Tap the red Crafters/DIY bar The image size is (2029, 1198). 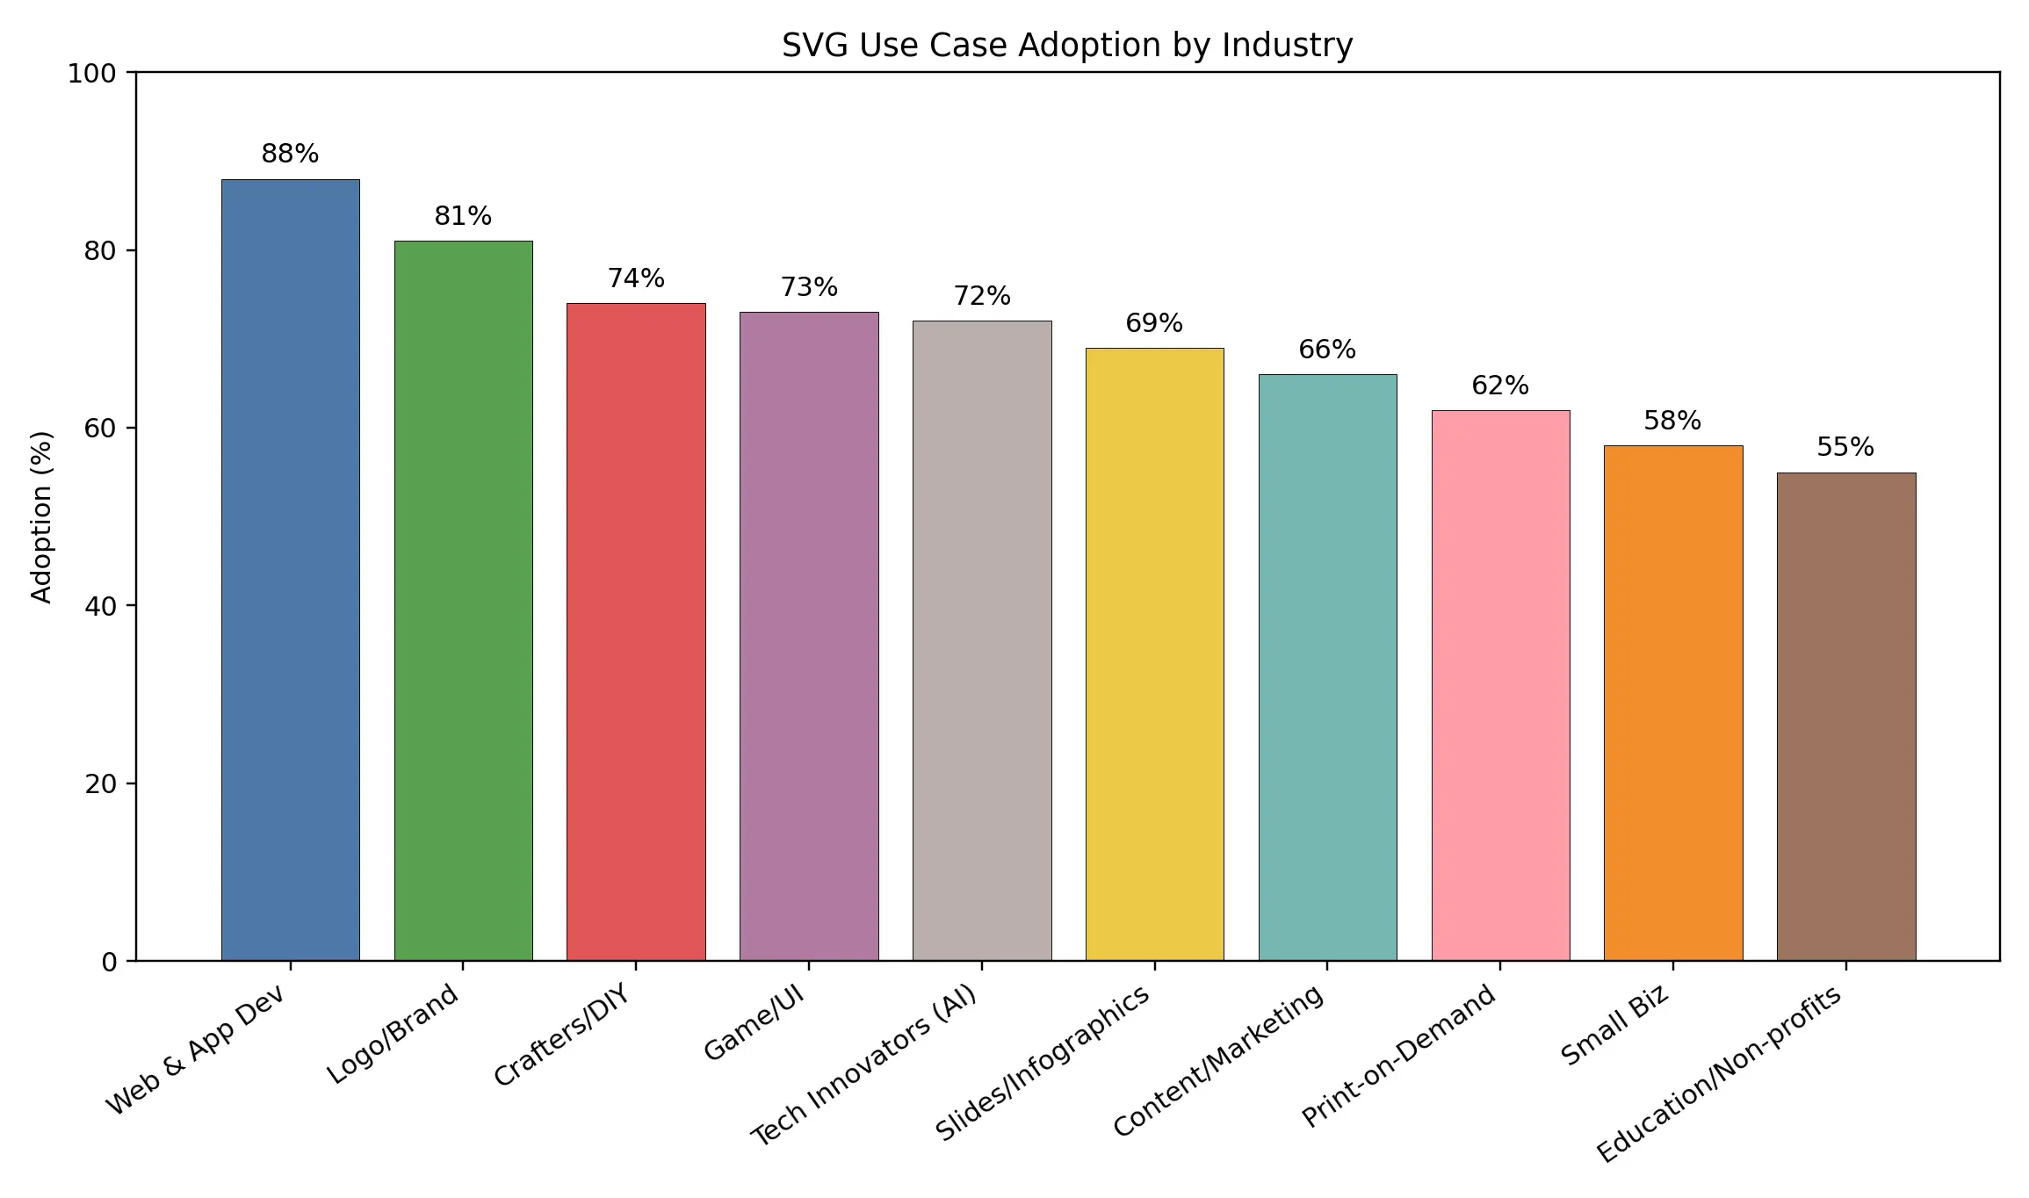[x=636, y=631]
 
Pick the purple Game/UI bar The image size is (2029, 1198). [x=809, y=636]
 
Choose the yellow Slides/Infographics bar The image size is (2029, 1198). [x=1154, y=653]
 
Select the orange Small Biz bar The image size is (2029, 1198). [x=1672, y=703]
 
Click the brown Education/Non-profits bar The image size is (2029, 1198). [x=1845, y=716]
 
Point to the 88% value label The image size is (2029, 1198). [x=290, y=154]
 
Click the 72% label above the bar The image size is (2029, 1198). [x=982, y=296]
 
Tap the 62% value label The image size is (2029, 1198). [x=1500, y=386]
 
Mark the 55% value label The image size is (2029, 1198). [x=1845, y=447]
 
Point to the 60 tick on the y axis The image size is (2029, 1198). [x=100, y=429]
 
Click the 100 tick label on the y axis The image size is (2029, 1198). [x=92, y=74]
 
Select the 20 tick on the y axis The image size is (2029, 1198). [x=100, y=783]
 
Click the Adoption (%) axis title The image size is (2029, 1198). [x=41, y=516]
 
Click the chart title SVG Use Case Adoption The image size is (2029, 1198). [x=1066, y=45]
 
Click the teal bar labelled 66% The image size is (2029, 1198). [x=1327, y=667]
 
